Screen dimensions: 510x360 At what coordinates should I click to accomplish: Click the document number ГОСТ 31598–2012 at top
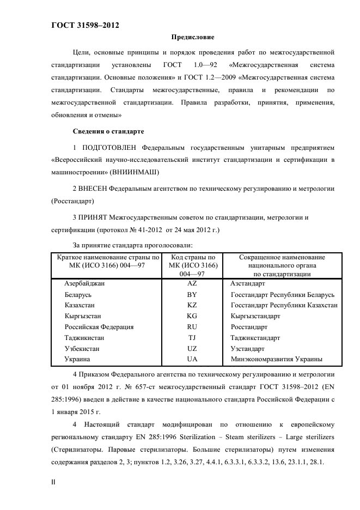pyautogui.click(x=85, y=26)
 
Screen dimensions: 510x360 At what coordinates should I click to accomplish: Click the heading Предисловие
pyautogui.click(x=193, y=38)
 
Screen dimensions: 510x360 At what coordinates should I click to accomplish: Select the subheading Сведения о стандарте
pyautogui.click(x=108, y=131)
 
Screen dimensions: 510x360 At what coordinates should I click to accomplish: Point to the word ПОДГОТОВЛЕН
pyautogui.click(x=108, y=148)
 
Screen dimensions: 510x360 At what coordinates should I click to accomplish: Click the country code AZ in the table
pyautogui.click(x=192, y=284)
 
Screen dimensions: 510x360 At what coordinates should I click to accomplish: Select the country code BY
pyautogui.click(x=192, y=295)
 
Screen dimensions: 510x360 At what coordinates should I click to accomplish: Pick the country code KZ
pyautogui.click(x=192, y=305)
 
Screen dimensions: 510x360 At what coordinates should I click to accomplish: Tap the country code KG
pyautogui.click(x=192, y=316)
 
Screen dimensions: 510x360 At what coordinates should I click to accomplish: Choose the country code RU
pyautogui.click(x=192, y=327)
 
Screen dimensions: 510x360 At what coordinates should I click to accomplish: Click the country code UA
pyautogui.click(x=192, y=359)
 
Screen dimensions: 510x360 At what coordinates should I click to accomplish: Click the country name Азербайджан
pyautogui.click(x=84, y=284)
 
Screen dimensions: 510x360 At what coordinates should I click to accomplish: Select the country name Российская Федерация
pyautogui.click(x=99, y=327)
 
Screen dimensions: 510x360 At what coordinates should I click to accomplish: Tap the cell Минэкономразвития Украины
pyautogui.click(x=276, y=359)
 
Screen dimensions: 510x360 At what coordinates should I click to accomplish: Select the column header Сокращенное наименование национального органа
pyautogui.click(x=282, y=265)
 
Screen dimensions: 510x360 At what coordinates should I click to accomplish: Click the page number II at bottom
pyautogui.click(x=53, y=483)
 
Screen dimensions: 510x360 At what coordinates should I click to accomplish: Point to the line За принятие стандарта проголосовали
pyautogui.click(x=132, y=245)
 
